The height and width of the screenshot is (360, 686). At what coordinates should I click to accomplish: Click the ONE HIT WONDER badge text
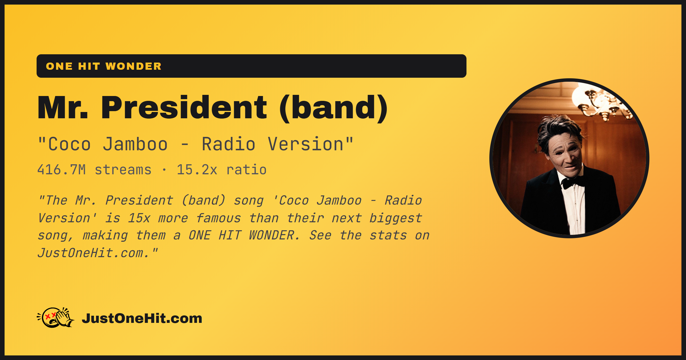point(104,66)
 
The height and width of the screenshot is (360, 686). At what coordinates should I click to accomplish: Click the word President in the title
point(184,107)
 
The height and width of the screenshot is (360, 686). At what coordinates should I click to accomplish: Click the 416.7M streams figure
point(94,170)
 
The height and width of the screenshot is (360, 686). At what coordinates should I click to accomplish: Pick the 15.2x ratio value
point(222,170)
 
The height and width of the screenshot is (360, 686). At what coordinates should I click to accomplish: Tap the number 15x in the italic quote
point(139,218)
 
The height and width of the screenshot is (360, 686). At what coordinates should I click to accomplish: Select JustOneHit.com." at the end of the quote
point(97,253)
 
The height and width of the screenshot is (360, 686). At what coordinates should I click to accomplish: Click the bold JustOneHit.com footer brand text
point(142,318)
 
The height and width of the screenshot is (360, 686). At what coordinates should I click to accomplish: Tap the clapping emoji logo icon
point(55,317)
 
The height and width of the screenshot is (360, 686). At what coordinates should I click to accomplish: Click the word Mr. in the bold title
point(63,107)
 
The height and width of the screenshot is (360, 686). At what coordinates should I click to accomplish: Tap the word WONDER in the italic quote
point(274,235)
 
